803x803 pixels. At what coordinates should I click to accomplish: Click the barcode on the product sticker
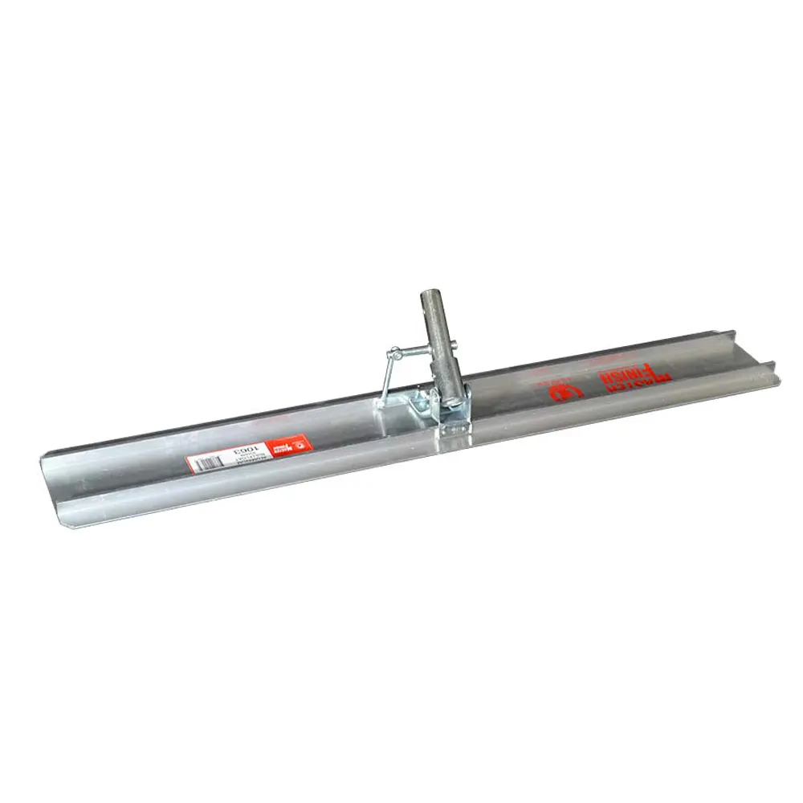tap(206, 462)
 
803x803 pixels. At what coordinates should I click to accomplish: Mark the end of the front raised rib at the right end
tap(772, 367)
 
